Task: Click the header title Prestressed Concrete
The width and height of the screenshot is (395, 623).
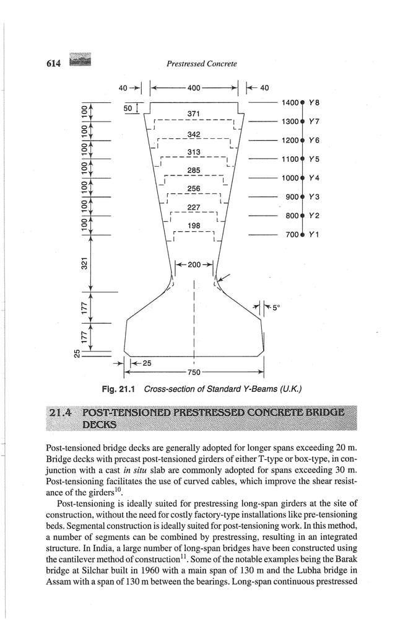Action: (202, 63)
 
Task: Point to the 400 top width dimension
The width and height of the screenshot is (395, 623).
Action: (194, 88)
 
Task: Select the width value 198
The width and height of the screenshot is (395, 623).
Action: (194, 226)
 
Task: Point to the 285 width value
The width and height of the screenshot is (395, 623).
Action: (194, 170)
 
